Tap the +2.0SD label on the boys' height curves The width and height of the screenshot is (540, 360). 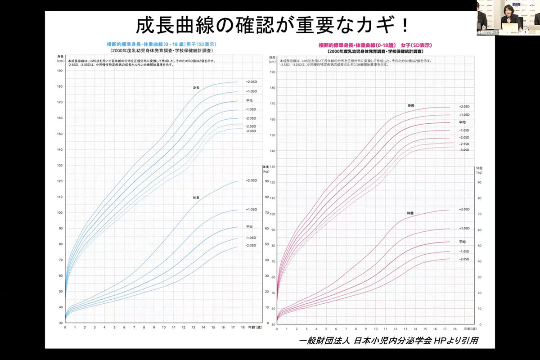tap(251, 82)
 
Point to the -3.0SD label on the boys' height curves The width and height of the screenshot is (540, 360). tap(251, 131)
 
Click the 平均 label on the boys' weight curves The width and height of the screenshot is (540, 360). tap(249, 226)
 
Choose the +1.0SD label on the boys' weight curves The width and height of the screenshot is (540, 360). tap(251, 210)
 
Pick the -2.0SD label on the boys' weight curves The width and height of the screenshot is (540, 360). tap(251, 245)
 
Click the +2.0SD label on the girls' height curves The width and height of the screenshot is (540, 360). tap(464, 107)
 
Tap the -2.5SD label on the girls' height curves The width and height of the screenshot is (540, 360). tap(464, 144)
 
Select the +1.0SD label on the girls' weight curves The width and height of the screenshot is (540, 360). tap(464, 228)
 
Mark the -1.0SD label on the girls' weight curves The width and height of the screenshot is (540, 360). tap(464, 252)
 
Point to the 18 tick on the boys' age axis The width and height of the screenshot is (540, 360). tap(243, 328)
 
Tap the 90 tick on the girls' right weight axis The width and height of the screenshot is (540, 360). tap(479, 182)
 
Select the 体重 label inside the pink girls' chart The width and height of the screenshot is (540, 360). tap(410, 212)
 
